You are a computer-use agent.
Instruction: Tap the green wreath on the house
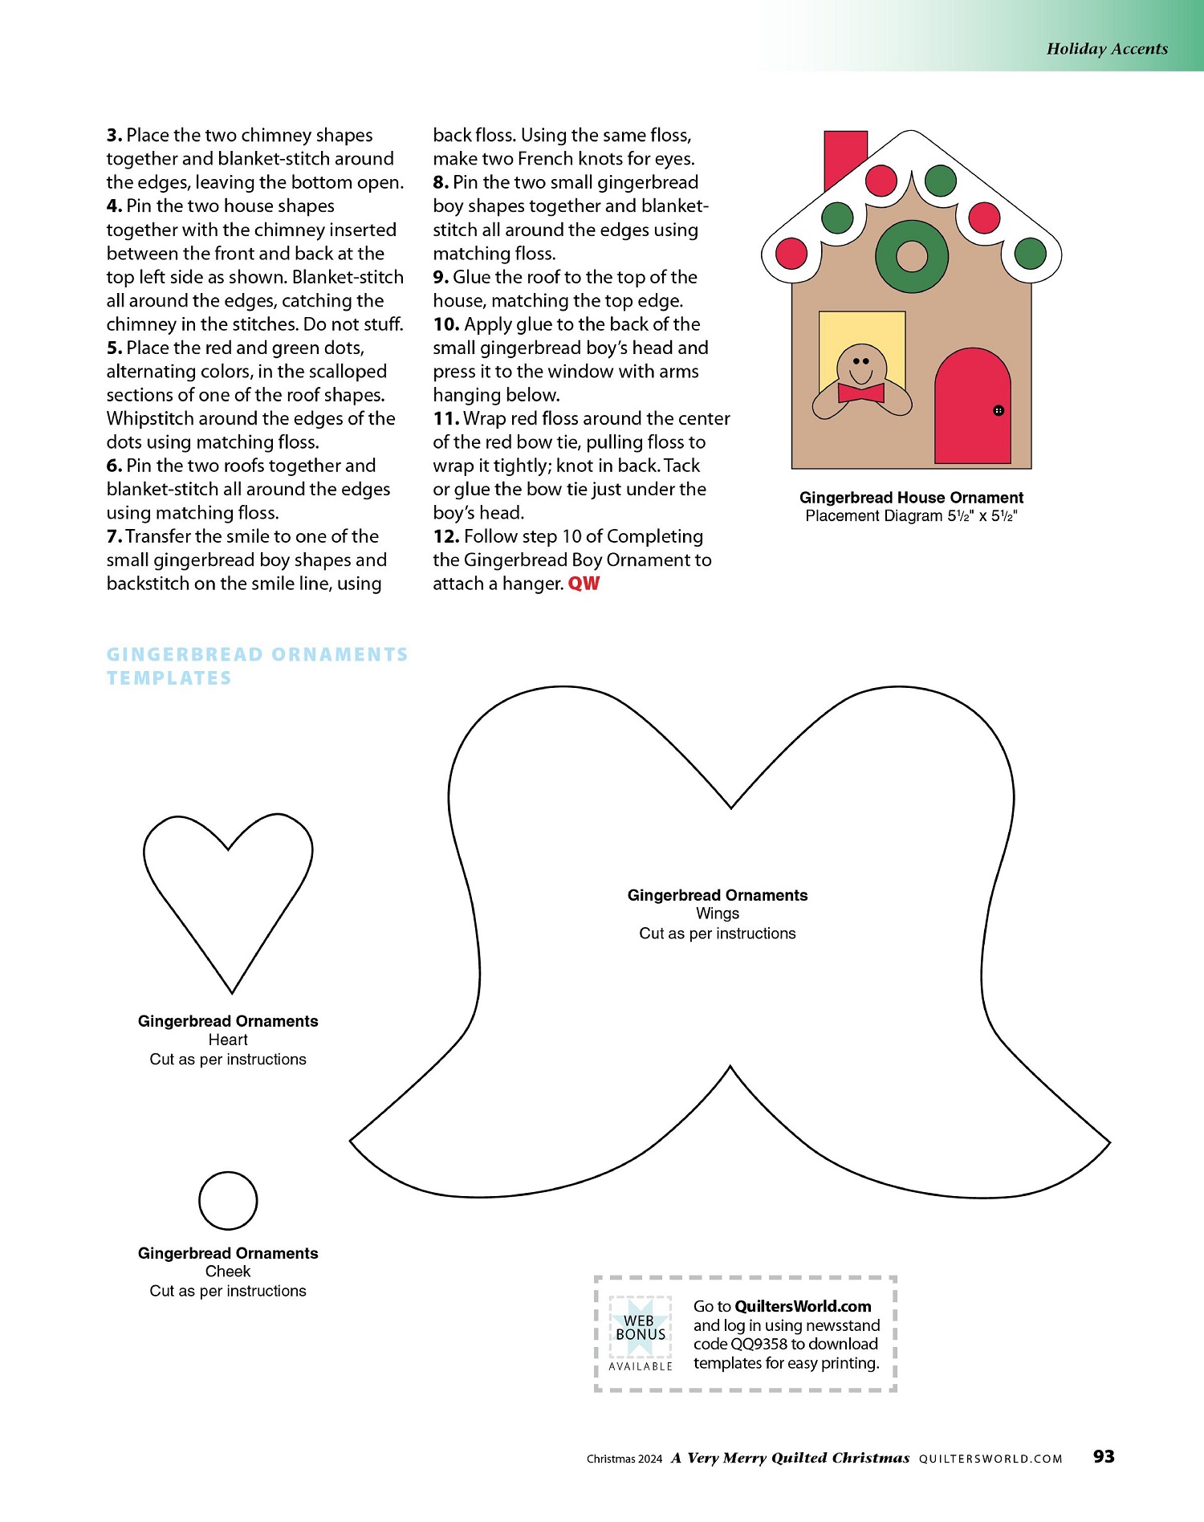(912, 257)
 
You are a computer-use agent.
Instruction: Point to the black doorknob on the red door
(999, 410)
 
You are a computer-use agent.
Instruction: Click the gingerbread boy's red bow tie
(860, 393)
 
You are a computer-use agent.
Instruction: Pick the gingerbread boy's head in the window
(861, 365)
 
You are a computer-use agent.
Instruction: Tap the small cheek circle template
(228, 1201)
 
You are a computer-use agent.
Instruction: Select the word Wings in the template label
(718, 914)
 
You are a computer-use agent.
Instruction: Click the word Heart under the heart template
(228, 1040)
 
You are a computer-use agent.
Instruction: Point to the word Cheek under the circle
(228, 1272)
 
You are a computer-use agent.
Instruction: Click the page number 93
(1104, 1456)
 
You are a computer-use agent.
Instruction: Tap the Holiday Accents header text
(1107, 49)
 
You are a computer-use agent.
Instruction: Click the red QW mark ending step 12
(584, 584)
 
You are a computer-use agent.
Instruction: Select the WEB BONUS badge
(641, 1333)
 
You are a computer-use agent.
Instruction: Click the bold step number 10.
(446, 324)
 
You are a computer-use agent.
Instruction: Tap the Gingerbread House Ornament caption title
(911, 498)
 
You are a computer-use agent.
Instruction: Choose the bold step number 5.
(114, 348)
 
